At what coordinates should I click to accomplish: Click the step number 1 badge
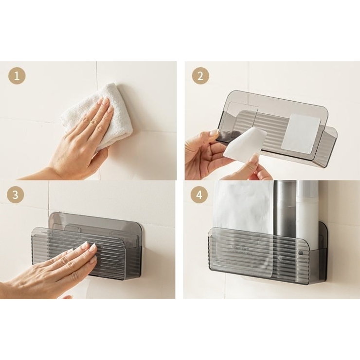[17, 76]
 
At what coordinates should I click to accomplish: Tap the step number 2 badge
[200, 76]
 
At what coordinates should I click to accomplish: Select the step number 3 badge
[16, 195]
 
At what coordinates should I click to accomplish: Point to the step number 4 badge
[199, 195]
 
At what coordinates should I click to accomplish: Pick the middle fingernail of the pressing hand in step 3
[92, 248]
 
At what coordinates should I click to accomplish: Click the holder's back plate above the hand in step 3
[96, 221]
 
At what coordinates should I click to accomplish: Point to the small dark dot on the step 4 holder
[301, 253]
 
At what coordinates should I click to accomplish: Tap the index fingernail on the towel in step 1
[106, 101]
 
